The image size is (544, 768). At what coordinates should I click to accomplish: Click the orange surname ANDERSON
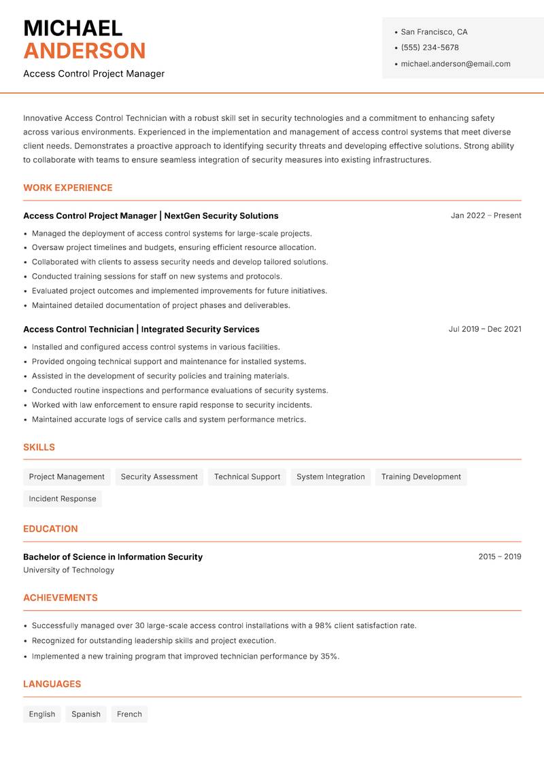pos(84,51)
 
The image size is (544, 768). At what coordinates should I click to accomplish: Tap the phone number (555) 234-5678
pos(429,48)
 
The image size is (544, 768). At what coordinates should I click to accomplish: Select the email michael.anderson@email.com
pos(455,64)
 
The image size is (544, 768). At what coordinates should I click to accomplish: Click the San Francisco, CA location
pos(434,32)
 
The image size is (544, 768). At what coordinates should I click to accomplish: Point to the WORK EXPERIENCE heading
pos(68,188)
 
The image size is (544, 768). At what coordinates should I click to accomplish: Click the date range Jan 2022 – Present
pos(486,215)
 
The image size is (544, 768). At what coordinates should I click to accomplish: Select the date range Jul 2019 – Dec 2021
pos(484,329)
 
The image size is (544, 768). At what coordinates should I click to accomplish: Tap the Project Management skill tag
pos(67,477)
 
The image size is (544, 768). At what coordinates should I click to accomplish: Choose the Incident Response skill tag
pos(63,499)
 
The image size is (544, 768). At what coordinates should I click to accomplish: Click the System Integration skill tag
pos(330,477)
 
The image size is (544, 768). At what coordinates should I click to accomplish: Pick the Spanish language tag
pos(86,714)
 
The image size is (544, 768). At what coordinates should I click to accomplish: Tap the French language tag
pos(129,714)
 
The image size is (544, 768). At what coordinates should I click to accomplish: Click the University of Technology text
pos(69,570)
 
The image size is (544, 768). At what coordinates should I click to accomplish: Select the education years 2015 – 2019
pos(499,557)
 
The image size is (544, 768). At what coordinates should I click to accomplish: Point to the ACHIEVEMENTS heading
pos(61,598)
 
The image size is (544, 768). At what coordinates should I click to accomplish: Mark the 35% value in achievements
pos(329,657)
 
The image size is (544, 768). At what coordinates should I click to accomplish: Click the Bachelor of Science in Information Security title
pos(113,557)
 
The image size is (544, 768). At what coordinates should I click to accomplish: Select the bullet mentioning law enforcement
pos(171,405)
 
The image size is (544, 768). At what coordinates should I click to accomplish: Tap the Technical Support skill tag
pos(247,477)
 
